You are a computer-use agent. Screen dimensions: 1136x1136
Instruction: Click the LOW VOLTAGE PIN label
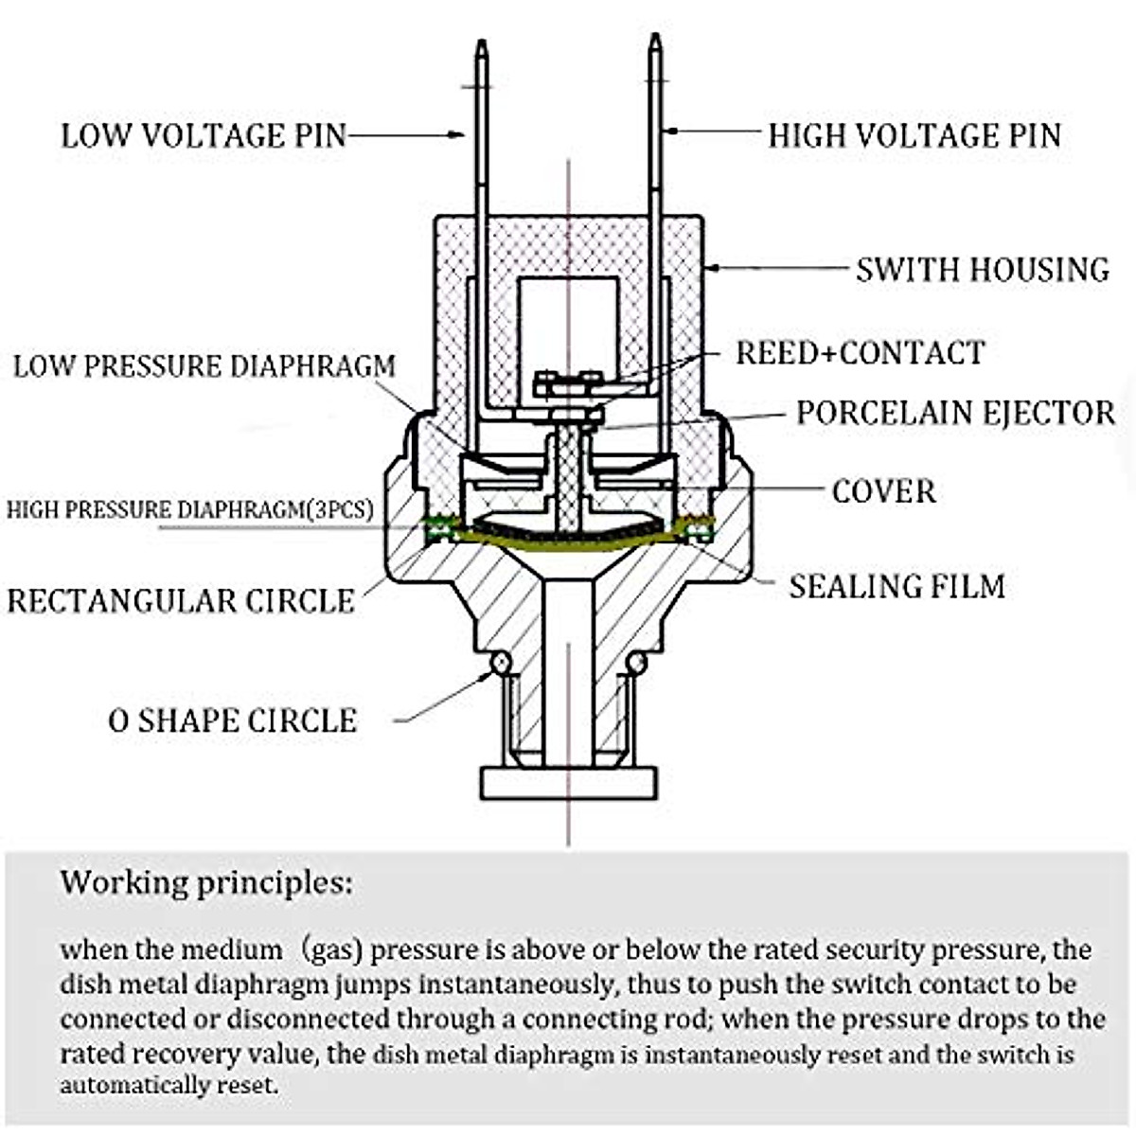(x=204, y=135)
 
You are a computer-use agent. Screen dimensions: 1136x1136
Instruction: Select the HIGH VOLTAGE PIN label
(x=914, y=135)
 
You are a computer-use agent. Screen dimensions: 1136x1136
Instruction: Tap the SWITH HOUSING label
(x=983, y=270)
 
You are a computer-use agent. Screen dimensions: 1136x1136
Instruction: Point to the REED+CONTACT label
(x=860, y=353)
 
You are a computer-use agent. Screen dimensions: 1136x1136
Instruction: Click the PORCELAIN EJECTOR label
(x=954, y=413)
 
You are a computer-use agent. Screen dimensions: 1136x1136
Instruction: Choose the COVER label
(x=883, y=491)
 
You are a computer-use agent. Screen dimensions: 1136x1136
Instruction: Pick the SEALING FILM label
(x=896, y=586)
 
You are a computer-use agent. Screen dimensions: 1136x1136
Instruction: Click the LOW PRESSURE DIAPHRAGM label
(x=204, y=366)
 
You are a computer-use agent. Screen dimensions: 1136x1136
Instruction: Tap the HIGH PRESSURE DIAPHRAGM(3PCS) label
(x=189, y=509)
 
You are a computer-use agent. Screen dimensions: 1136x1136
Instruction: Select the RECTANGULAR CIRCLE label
(x=180, y=601)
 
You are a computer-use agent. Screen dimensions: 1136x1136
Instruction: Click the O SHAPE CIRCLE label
(x=232, y=720)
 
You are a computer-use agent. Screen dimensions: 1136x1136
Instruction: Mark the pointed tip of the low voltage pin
(x=481, y=44)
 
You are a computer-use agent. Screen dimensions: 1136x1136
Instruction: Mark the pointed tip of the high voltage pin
(x=654, y=38)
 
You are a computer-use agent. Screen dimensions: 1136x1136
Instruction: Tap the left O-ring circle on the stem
(x=499, y=663)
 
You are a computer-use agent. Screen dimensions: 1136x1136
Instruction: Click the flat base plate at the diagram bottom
(x=568, y=783)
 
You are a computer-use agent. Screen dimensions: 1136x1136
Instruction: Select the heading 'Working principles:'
(x=205, y=883)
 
